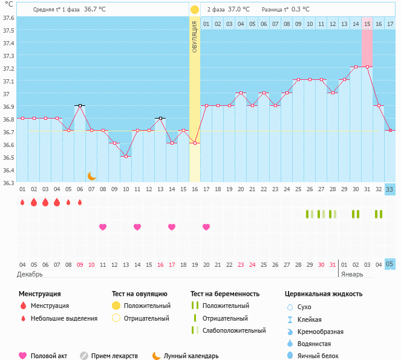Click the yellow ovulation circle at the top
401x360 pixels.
tap(194, 10)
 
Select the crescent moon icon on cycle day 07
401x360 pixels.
tap(91, 175)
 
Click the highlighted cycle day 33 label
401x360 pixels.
tap(390, 189)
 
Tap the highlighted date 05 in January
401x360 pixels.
tap(390, 264)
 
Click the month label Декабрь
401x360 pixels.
tap(30, 274)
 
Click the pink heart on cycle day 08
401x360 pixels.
tap(103, 227)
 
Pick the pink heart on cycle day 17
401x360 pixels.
tap(206, 227)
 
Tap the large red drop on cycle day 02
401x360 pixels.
tap(34, 202)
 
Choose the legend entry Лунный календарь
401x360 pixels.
tap(185, 356)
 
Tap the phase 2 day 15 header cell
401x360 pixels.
tap(367, 24)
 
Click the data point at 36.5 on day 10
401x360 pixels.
tap(126, 157)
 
